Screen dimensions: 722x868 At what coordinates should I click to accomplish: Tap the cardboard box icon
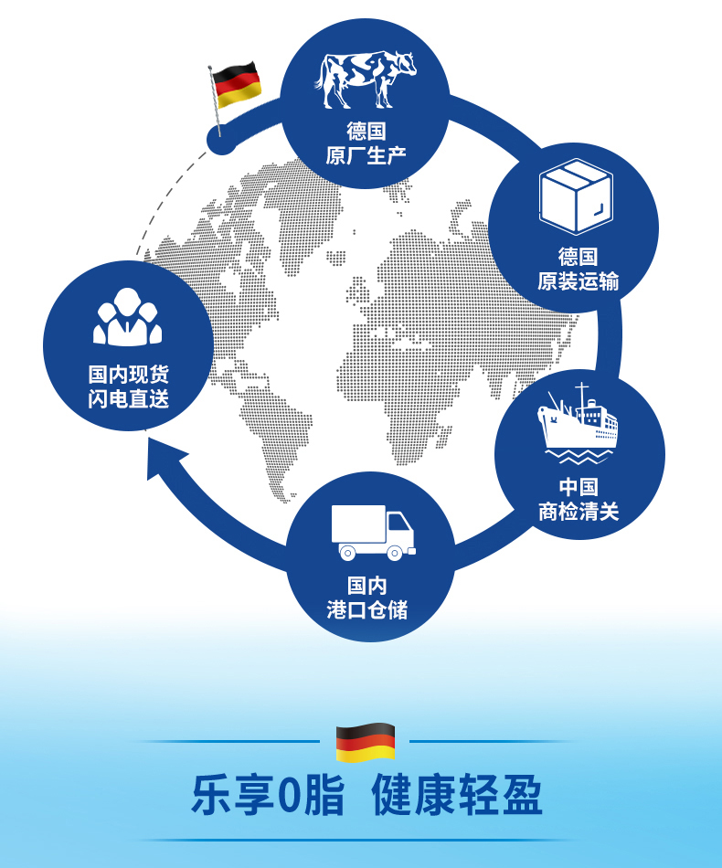575,196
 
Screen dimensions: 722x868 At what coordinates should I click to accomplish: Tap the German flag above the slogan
365,742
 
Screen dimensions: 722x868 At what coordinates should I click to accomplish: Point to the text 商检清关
579,512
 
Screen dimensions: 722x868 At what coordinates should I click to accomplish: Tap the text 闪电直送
129,399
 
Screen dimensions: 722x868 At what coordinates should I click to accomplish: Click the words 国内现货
129,375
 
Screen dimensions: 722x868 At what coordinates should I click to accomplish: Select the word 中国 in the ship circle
579,486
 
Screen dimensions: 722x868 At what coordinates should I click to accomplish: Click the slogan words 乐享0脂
268,796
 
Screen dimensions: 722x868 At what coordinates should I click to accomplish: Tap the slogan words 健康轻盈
457,796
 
